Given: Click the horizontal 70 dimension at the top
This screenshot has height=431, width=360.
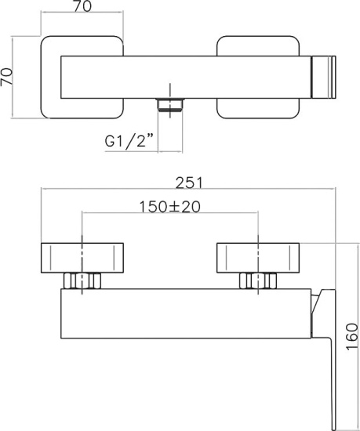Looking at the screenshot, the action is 82,6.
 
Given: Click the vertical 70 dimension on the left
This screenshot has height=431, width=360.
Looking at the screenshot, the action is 6,77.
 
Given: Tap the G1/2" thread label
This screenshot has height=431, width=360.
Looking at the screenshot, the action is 129,141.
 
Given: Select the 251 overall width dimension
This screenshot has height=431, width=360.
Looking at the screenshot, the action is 189,183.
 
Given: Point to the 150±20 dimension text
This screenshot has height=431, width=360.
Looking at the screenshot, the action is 170,207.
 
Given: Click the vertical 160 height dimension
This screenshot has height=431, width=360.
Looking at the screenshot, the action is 352,336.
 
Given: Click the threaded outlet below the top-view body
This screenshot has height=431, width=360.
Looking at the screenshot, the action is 170,105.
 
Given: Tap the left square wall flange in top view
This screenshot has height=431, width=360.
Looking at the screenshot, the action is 82,78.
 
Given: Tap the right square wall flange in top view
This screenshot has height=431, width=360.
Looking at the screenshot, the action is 258,78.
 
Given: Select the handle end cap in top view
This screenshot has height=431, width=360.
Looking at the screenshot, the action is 323,77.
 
